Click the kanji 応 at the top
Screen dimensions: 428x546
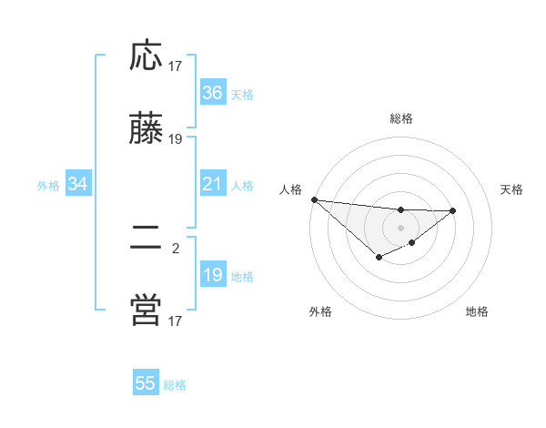tap(146, 56)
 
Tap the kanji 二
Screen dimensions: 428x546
tap(146, 238)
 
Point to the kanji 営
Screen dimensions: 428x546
tap(146, 311)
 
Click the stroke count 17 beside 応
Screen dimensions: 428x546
tap(176, 66)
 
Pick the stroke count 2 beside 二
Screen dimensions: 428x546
tap(176, 247)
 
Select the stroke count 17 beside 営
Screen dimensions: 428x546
tap(176, 321)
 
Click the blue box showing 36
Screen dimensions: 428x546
tap(212, 93)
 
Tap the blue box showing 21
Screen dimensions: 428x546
tap(212, 185)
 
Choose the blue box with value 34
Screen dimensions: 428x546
tap(77, 185)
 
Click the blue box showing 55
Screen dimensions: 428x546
tap(146, 383)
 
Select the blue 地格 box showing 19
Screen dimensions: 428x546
tap(212, 276)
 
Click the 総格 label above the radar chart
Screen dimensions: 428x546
tap(400, 118)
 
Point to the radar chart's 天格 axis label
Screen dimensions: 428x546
tap(511, 189)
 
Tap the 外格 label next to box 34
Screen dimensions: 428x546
tap(48, 186)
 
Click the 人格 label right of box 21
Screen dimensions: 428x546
tap(242, 186)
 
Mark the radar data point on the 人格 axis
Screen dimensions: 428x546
tap(314, 199)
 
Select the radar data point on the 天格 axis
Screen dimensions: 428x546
tap(453, 210)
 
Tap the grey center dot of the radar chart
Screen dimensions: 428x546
tap(400, 227)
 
